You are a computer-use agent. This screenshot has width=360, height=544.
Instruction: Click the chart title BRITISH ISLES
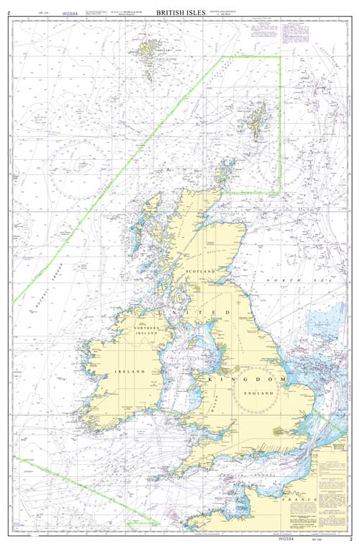coord(179,12)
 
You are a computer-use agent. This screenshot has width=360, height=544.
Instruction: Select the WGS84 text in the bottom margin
coord(286,537)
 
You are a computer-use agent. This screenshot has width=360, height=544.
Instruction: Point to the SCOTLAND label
coord(202,270)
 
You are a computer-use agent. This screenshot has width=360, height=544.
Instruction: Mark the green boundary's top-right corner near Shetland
coord(280,57)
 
